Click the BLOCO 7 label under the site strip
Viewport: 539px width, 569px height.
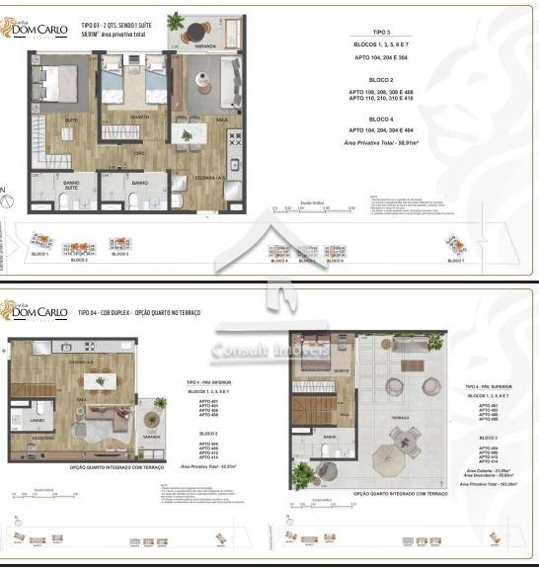coord(455,260)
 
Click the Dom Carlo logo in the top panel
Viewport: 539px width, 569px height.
coord(38,30)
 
